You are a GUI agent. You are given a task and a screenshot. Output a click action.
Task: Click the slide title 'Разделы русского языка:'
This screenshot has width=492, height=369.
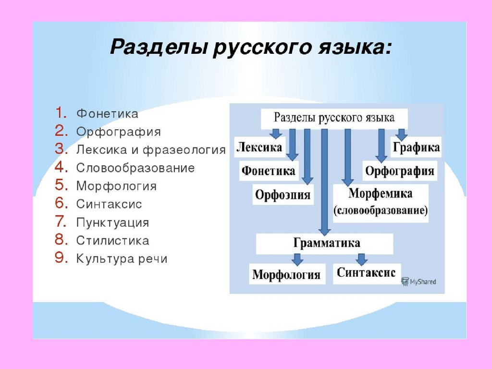[x=250, y=48]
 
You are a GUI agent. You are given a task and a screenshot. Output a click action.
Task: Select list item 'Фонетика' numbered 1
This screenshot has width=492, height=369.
[x=107, y=114]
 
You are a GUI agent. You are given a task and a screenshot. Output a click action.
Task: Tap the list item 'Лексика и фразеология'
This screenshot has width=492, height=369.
[x=150, y=150]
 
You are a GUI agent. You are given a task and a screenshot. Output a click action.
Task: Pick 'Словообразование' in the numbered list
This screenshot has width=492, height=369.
[x=135, y=168]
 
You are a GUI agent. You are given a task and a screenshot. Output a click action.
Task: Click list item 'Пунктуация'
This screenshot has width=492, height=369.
[x=112, y=223]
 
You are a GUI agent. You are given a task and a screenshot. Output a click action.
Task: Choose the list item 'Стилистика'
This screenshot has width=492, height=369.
[x=112, y=241]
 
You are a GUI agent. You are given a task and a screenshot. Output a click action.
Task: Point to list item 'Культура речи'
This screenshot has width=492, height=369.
[x=122, y=259]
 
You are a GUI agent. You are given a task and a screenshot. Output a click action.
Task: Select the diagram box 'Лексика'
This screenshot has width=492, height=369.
[x=259, y=147]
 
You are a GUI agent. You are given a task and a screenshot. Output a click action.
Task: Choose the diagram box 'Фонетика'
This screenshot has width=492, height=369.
[x=268, y=171]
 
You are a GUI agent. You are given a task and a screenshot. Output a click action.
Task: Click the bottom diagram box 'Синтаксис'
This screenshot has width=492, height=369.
[x=366, y=273]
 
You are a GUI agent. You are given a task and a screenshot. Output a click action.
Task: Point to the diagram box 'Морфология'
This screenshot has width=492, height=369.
[x=286, y=274]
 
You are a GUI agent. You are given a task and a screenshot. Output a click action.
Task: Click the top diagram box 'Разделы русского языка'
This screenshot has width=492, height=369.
[x=334, y=118]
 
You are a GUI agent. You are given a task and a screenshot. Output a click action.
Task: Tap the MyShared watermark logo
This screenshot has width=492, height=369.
[x=418, y=281]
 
